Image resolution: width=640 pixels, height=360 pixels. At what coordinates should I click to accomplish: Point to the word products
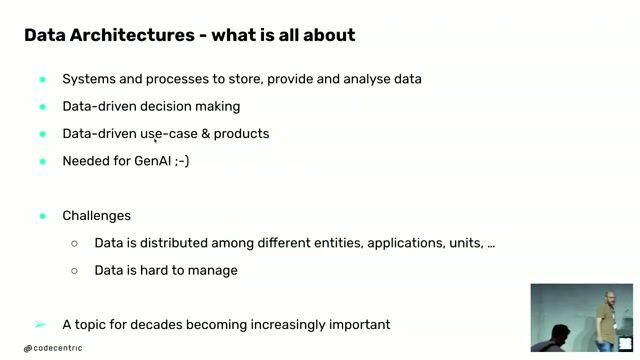[x=241, y=133]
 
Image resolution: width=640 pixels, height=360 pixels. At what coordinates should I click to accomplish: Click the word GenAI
[x=151, y=160]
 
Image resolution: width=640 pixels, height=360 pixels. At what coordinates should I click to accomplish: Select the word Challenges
[x=96, y=215]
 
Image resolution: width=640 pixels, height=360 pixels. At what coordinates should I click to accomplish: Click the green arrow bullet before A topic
[x=40, y=324]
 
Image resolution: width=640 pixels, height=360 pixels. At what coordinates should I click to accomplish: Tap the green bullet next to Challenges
[x=42, y=216]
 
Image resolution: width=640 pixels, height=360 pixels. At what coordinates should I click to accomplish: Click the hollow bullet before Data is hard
[x=74, y=270]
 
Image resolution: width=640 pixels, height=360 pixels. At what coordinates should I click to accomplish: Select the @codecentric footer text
[x=53, y=348]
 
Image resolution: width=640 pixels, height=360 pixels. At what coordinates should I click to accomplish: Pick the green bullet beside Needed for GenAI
[x=42, y=161]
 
